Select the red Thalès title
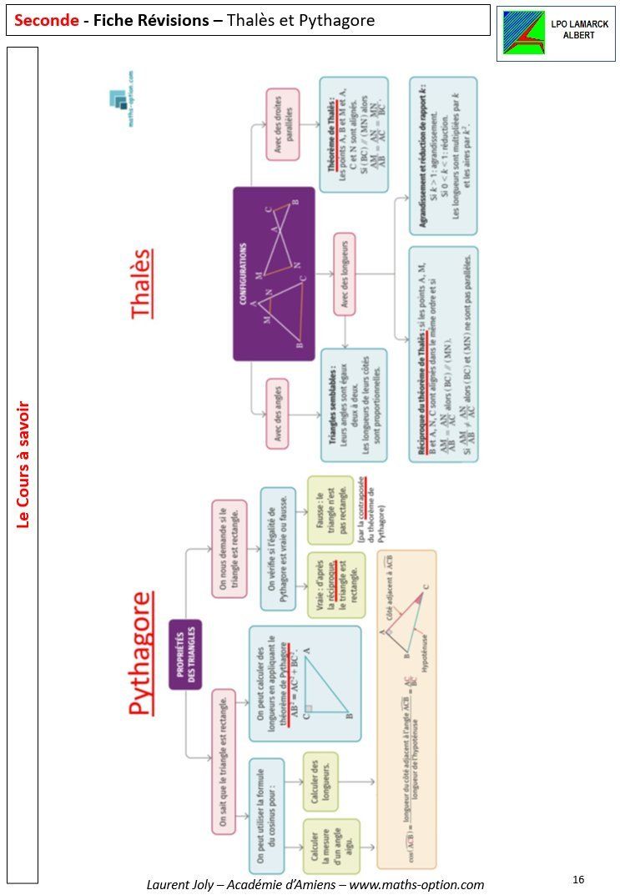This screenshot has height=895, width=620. pyautogui.click(x=143, y=283)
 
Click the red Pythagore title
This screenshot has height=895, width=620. pyautogui.click(x=143, y=652)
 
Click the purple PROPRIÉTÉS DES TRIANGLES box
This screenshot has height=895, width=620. pyautogui.click(x=186, y=654)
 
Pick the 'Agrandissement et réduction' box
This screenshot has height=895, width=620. pyautogui.click(x=442, y=156)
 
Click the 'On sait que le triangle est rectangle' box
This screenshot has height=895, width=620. pyautogui.click(x=222, y=761)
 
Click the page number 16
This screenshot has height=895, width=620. pyautogui.click(x=578, y=879)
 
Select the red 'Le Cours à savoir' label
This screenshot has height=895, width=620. pyautogui.click(x=23, y=464)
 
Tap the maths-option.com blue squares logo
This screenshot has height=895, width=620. pyautogui.click(x=118, y=99)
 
